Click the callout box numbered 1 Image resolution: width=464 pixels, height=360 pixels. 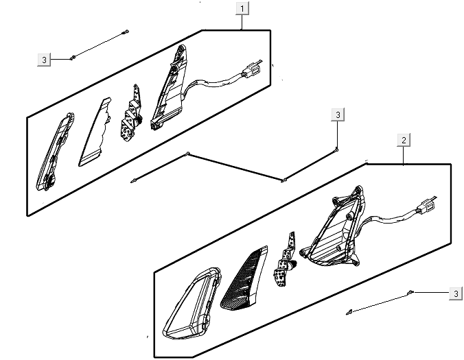click(x=242, y=8)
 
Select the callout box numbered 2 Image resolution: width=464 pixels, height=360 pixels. click(x=404, y=139)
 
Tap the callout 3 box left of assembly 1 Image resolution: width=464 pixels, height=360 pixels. click(x=44, y=60)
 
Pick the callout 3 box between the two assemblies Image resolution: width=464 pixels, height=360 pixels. click(x=338, y=115)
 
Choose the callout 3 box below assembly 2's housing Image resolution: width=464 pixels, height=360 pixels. click(x=456, y=293)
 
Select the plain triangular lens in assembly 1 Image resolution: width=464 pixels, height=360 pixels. click(x=95, y=133)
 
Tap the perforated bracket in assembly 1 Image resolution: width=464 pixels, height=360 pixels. click(x=131, y=114)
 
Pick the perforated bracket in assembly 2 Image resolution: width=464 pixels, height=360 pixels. click(x=285, y=260)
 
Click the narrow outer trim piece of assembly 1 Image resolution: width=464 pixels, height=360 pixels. click(x=56, y=152)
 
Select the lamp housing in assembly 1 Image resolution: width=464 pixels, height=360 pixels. click(x=169, y=88)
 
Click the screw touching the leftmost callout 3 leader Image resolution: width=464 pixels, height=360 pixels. click(x=72, y=58)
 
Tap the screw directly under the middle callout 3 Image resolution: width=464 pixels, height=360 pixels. click(x=337, y=149)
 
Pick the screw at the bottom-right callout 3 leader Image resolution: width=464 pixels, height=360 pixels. click(x=410, y=292)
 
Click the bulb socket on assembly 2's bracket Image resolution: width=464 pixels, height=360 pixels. click(x=294, y=264)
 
